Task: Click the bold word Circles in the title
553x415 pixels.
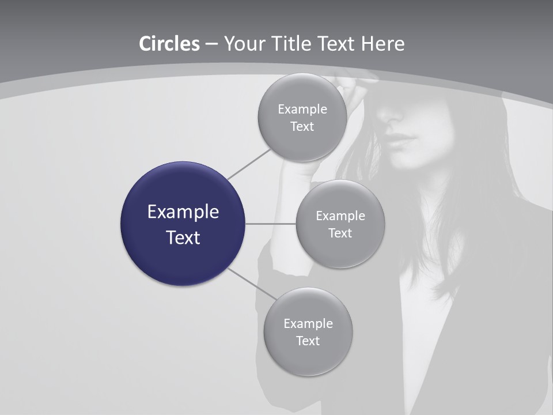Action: pyautogui.click(x=169, y=44)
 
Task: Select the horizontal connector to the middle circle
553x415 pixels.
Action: pyautogui.click(x=270, y=224)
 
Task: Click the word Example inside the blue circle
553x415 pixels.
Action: pyautogui.click(x=183, y=212)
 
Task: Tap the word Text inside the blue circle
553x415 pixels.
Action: pyautogui.click(x=183, y=237)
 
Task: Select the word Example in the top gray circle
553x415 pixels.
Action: pyautogui.click(x=302, y=110)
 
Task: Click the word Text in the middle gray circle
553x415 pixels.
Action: pyautogui.click(x=340, y=233)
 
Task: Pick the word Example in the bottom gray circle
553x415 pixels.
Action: pyautogui.click(x=308, y=324)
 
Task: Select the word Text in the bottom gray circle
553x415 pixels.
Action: pyautogui.click(x=308, y=341)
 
